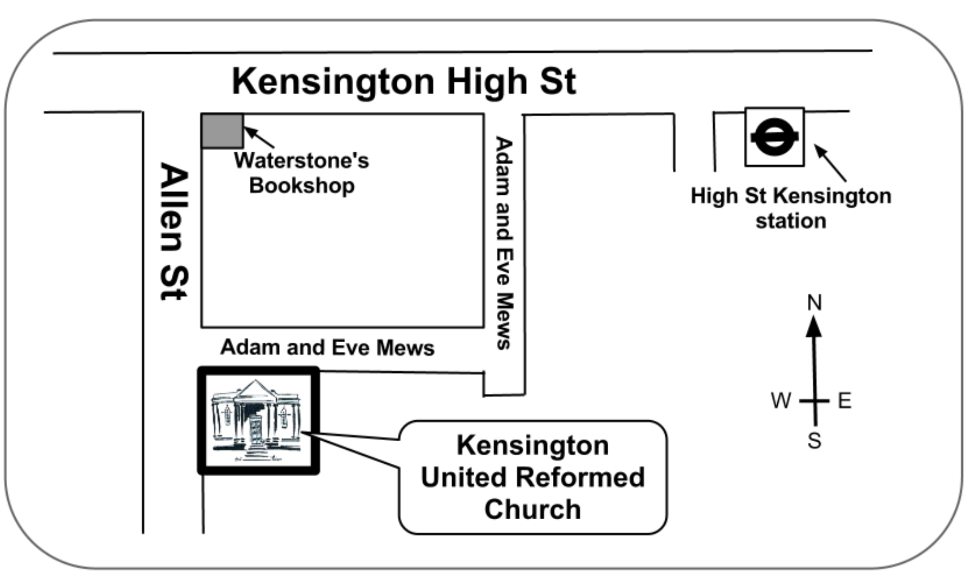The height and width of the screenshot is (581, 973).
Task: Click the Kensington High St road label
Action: (403, 81)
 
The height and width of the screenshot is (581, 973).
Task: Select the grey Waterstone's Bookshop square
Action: (222, 131)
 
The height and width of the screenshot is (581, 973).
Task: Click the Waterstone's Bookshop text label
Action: (302, 173)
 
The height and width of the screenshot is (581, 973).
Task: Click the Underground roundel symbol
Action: (774, 137)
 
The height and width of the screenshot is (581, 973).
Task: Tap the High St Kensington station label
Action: (791, 208)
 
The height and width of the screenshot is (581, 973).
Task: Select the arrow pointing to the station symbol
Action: (830, 163)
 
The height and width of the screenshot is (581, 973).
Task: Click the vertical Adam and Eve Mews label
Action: (504, 243)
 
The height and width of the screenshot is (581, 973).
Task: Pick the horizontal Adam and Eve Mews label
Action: (327, 347)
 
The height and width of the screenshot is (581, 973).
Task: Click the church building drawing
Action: (257, 421)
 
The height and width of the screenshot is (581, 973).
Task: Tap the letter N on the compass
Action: (814, 302)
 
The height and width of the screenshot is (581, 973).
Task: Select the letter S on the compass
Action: (814, 440)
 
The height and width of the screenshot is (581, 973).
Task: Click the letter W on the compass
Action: (781, 400)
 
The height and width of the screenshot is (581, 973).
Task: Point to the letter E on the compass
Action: (845, 400)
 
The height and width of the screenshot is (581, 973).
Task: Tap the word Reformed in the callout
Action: (581, 478)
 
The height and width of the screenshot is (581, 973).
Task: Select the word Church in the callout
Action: (533, 509)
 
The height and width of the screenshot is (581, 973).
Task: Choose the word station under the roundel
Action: (791, 221)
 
